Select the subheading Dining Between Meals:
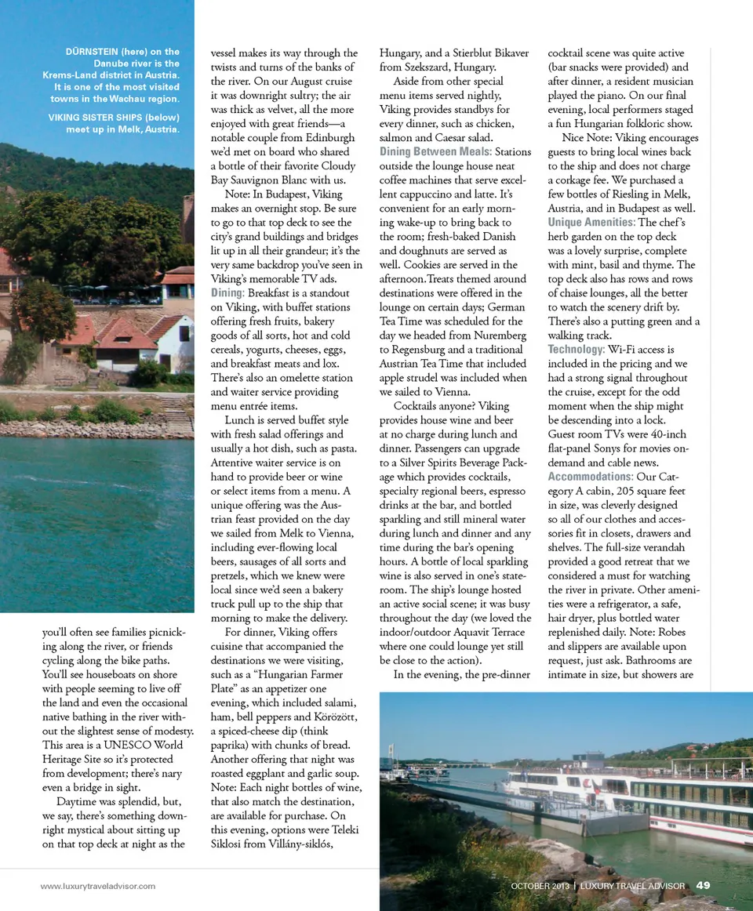click(x=435, y=151)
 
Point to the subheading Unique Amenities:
click(x=591, y=223)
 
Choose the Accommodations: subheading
click(x=591, y=477)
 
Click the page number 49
click(x=703, y=885)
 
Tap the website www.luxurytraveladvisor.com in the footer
click(x=98, y=886)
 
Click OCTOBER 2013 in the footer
click(x=540, y=886)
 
